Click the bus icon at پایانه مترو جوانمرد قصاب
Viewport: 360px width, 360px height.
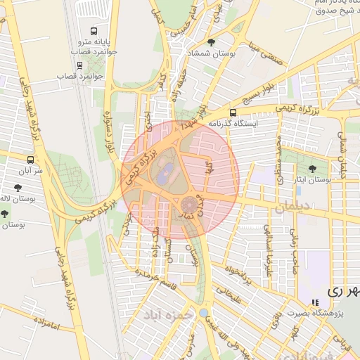click(94, 32)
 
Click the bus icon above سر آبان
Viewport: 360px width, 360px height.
click(30, 160)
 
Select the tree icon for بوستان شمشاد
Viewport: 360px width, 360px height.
click(211, 43)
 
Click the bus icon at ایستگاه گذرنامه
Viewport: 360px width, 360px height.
click(233, 112)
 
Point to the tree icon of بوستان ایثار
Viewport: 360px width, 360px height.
click(312, 169)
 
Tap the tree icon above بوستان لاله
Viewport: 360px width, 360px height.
click(18, 188)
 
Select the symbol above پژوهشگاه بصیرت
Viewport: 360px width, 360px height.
click(314, 303)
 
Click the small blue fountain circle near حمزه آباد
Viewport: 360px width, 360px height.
click(204, 312)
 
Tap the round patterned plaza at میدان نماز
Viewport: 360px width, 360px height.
click(189, 205)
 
